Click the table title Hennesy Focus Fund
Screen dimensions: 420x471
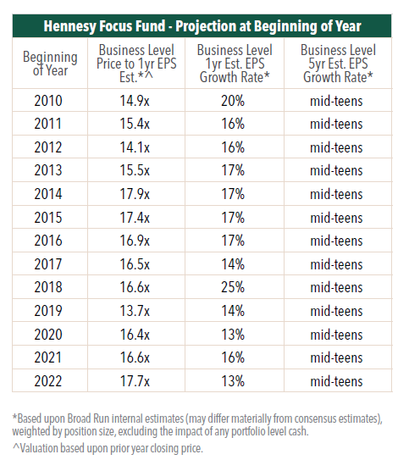pos(104,25)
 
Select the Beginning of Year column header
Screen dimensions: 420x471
pos(50,64)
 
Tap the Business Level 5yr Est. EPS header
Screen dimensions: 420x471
pos(338,64)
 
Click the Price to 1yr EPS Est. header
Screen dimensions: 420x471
pos(136,64)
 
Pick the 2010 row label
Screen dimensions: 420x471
pos(48,101)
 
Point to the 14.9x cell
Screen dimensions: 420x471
pos(135,101)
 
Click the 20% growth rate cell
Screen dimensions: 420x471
pos(233,101)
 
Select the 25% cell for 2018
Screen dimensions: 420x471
pos(233,287)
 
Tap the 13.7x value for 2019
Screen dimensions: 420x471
pos(135,311)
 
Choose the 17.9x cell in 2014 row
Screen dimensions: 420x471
pos(135,194)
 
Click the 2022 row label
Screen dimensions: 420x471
pos(48,381)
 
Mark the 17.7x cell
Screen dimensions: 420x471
pos(135,381)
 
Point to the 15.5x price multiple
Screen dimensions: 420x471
pos(135,170)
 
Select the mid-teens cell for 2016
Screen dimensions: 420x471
pos(336,241)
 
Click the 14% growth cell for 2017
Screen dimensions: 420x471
pos(233,264)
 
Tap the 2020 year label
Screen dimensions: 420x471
pos(48,335)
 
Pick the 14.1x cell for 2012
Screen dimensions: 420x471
pos(135,147)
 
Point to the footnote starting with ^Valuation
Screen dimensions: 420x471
pos(108,448)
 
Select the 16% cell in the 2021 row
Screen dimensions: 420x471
pos(233,357)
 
